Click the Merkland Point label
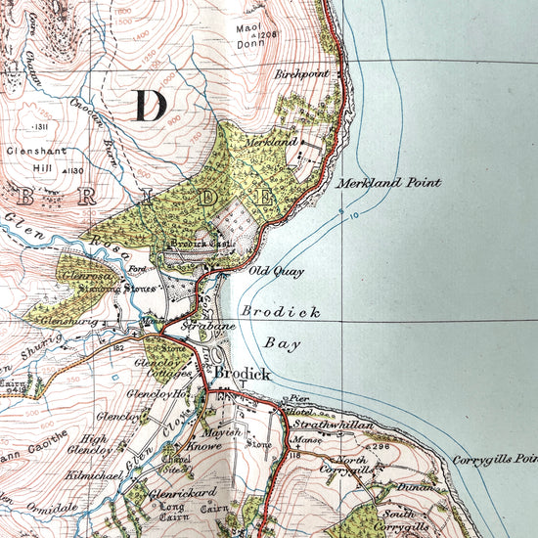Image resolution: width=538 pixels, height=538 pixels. coord(389,183)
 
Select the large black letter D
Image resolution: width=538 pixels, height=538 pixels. coord(150,104)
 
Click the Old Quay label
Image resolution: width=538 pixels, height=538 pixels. coord(276,271)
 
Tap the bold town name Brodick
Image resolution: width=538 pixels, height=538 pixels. coord(241,374)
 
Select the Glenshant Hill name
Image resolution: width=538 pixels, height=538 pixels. coord(36,159)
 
